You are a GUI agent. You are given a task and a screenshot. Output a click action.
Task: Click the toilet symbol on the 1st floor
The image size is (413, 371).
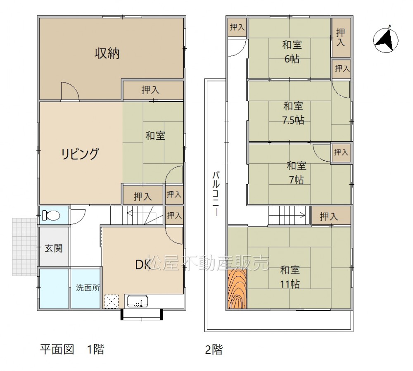(x=51, y=216)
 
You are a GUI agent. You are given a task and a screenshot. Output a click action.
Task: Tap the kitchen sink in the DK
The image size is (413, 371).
(x=137, y=301)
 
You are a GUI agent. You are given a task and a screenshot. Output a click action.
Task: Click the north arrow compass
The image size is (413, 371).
(x=386, y=40)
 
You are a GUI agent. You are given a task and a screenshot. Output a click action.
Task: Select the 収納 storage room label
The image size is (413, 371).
(x=107, y=53)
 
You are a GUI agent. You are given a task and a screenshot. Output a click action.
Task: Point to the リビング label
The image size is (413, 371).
(x=80, y=154)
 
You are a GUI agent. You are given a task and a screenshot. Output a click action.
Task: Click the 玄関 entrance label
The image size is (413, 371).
(x=53, y=248)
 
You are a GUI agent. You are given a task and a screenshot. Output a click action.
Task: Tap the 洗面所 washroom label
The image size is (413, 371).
(x=88, y=288)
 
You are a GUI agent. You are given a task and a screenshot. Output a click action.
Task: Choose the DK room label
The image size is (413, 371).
(x=142, y=265)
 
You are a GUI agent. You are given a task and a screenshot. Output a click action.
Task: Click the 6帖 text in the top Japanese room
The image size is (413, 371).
(x=292, y=59)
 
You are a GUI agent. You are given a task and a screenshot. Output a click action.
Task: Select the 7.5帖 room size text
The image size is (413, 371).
(x=293, y=120)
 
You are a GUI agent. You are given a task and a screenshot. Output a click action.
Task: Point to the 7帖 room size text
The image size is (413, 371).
(x=296, y=180)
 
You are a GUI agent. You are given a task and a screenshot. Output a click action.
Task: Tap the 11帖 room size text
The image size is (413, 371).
(x=290, y=284)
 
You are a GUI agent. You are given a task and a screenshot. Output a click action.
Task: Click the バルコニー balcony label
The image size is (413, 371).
(x=216, y=194)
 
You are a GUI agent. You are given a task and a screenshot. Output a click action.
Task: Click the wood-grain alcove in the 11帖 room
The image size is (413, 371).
(x=237, y=288)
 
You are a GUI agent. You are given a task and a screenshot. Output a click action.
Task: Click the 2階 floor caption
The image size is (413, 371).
(x=214, y=350)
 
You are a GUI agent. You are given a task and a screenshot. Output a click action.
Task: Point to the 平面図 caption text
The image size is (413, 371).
(x=57, y=350)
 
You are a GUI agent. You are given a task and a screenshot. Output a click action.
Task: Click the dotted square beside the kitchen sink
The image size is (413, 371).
(x=112, y=301)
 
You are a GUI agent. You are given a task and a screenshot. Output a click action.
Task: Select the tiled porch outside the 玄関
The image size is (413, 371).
(x=25, y=247)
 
